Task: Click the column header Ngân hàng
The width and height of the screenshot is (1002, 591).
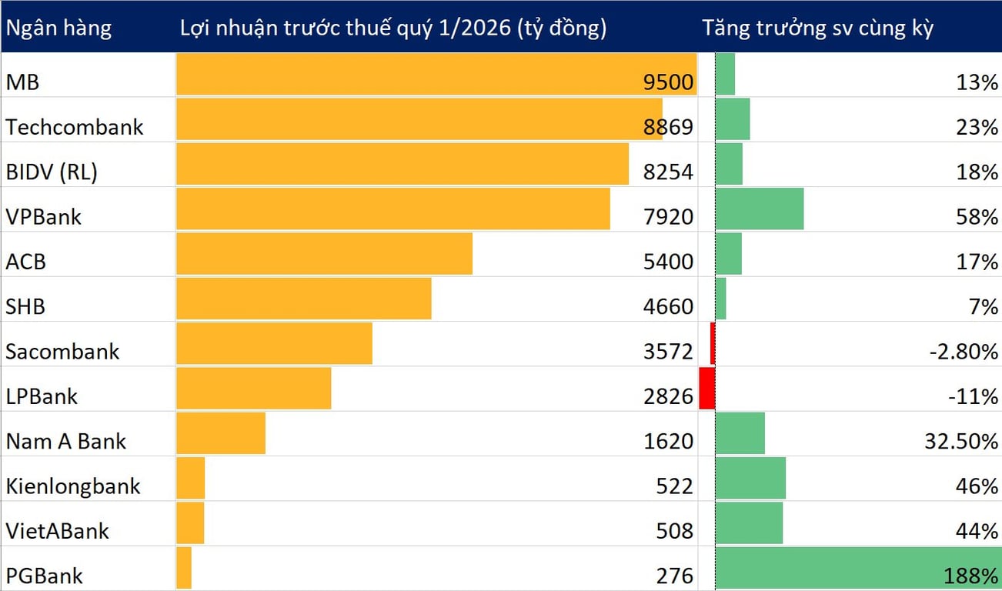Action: point(58,28)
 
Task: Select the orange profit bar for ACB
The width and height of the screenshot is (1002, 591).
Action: point(324,254)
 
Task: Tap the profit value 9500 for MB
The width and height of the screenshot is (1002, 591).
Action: point(668,82)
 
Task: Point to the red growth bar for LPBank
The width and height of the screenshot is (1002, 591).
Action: point(706,388)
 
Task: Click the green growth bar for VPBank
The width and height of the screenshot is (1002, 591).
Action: point(760,209)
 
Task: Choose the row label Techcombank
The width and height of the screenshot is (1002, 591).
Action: point(75,126)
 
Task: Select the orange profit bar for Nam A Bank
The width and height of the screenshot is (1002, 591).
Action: point(221,433)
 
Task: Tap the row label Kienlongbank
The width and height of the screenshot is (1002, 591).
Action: point(73,486)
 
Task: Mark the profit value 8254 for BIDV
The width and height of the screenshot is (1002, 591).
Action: point(668,172)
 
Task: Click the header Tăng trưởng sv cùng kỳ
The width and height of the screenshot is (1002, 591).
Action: point(817,28)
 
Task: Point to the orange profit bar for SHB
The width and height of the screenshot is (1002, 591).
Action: point(304,299)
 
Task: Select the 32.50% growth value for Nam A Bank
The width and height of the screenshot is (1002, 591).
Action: point(961,442)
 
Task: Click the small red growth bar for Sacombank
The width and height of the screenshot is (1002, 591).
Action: point(713,343)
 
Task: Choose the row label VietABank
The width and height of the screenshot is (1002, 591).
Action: point(58,531)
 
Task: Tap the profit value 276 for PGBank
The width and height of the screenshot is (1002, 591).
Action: point(676,576)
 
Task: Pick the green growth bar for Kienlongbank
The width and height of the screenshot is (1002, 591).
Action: point(750,478)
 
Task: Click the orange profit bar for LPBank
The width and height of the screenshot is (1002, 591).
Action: point(254,388)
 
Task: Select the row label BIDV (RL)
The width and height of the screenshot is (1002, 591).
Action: point(52,172)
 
